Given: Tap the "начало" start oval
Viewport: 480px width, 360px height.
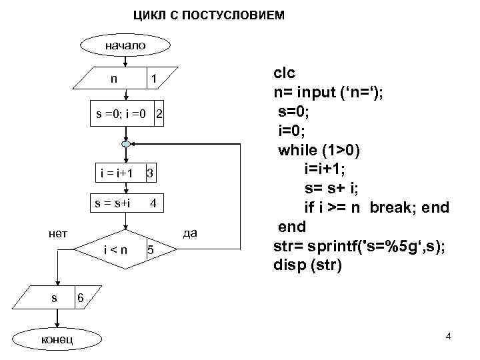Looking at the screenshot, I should [116, 46].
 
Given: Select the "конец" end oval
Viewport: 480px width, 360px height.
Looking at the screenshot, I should [57, 341].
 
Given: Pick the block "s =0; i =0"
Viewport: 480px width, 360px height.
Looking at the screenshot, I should [127, 114].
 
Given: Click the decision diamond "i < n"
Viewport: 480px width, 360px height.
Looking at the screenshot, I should [124, 250].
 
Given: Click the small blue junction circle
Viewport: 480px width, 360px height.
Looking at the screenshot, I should [125, 144].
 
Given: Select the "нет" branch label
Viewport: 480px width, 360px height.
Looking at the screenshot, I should [58, 233].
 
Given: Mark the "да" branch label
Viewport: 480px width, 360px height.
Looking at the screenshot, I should [190, 233].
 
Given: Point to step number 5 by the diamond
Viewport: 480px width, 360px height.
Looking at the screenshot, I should [151, 250].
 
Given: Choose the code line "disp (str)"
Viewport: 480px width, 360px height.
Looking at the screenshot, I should [307, 265].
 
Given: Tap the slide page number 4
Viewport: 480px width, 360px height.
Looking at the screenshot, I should [448, 338].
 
